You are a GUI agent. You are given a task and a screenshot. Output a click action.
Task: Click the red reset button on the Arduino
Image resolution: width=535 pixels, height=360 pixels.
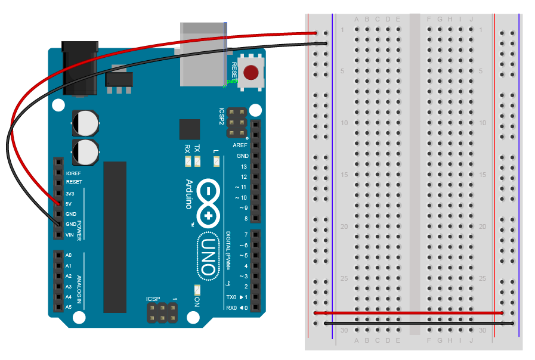pyautogui.click(x=252, y=73)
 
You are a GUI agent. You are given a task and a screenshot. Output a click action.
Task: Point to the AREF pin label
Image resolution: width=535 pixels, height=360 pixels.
pyautogui.click(x=240, y=145)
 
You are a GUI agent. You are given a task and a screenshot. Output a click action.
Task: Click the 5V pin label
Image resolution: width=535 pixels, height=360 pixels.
pyautogui.click(x=69, y=204)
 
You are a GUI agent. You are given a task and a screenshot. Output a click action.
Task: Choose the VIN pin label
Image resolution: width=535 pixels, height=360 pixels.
pyautogui.click(x=69, y=235)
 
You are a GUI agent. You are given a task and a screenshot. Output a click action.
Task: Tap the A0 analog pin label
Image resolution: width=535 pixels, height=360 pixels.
pyautogui.click(x=69, y=255)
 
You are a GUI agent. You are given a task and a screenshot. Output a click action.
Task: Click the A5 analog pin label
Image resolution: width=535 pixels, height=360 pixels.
pyautogui.click(x=69, y=307)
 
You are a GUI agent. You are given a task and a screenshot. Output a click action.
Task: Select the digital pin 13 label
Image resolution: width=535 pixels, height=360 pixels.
pyautogui.click(x=243, y=166)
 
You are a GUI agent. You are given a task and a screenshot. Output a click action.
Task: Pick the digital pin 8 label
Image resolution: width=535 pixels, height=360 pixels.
pyautogui.click(x=243, y=218)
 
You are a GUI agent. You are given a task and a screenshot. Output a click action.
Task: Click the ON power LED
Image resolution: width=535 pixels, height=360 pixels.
pyautogui.click(x=197, y=290)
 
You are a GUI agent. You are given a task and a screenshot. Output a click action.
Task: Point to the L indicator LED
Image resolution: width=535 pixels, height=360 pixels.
pyautogui.click(x=216, y=162)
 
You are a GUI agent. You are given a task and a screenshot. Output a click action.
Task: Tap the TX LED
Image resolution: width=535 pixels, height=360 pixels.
pyautogui.click(x=197, y=162)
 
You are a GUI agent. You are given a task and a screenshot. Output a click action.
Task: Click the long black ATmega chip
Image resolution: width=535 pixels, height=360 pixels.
pyautogui.click(x=115, y=237)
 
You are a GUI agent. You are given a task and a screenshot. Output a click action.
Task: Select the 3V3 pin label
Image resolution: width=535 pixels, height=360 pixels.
pyautogui.click(x=70, y=194)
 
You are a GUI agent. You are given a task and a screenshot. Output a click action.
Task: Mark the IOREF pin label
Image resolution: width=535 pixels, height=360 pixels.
pyautogui.click(x=73, y=173)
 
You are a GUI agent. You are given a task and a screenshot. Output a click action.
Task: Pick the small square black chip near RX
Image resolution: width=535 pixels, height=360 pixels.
pyautogui.click(x=190, y=129)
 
